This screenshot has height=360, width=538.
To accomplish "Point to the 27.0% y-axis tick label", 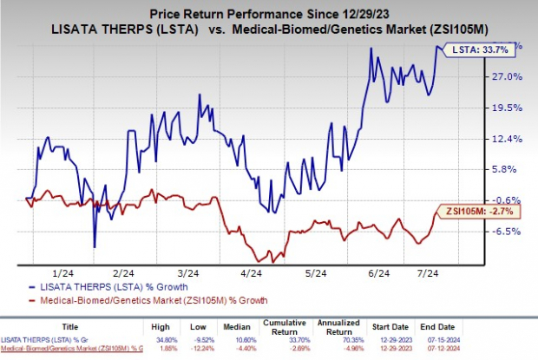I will click(x=508, y=76).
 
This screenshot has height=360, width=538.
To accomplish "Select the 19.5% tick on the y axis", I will click(x=508, y=108).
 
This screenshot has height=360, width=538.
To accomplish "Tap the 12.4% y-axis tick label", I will click(x=508, y=139).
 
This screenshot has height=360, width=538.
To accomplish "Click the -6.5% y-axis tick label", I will click(x=508, y=231).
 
